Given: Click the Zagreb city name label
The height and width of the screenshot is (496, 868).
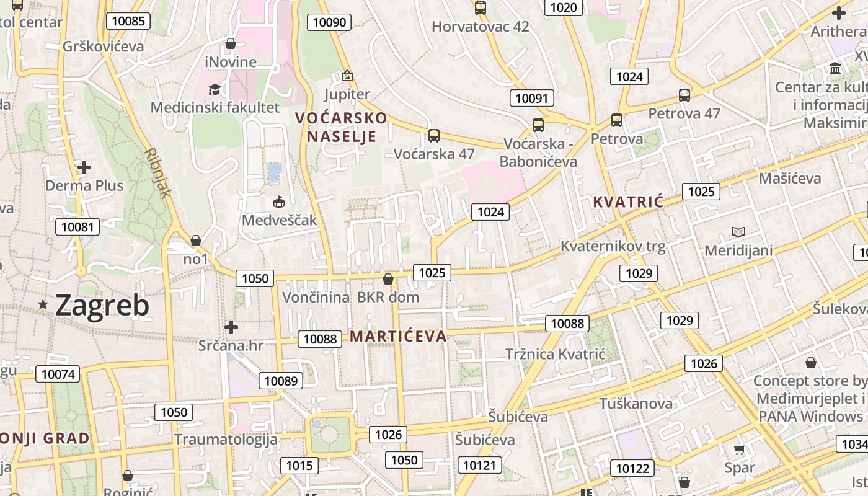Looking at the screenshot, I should pos(102,305).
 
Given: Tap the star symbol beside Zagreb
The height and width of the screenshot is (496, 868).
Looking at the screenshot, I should pos(43,304).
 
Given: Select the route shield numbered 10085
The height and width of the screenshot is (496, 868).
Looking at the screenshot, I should pos(128,21).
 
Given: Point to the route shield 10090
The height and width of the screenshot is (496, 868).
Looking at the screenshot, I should pos(329,23).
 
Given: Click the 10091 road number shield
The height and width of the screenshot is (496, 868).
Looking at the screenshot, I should pos(532,98).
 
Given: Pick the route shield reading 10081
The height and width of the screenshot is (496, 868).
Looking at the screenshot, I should pos(77,227).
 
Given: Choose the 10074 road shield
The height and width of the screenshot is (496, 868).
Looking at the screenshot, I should pos(58,374).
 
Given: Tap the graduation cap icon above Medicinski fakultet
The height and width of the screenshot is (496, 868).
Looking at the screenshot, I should pos(215,89).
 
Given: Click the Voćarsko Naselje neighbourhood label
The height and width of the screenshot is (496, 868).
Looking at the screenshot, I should pos(341,127).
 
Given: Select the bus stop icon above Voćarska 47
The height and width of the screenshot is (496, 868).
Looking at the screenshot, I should pos(434,135).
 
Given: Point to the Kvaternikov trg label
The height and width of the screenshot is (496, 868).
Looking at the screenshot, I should pos(613,246).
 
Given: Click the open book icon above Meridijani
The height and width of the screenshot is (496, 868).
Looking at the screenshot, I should pos(738,232).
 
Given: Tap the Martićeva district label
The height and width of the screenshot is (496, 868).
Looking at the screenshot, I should pos(398,337).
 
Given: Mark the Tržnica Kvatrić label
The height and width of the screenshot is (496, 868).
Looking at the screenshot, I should pos(555,354).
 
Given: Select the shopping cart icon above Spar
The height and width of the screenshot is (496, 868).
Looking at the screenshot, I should pos(739,450).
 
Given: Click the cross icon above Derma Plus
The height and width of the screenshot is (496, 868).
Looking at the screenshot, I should pos(84,167).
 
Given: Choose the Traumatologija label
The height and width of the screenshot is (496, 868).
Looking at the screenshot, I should pos(226,440).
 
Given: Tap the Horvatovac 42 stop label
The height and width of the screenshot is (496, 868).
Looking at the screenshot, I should pos(480,27).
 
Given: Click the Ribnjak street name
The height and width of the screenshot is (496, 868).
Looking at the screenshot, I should pos(157,172).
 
